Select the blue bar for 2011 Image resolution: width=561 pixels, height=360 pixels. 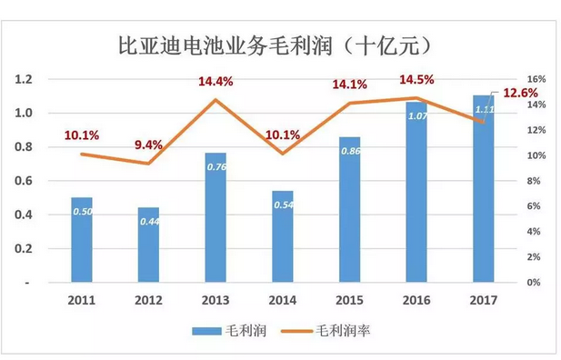82,241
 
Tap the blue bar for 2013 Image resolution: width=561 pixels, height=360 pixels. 215,218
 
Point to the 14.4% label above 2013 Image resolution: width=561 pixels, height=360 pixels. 216,82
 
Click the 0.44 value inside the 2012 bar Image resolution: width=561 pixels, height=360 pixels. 149,221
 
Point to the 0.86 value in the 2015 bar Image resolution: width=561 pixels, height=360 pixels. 350,150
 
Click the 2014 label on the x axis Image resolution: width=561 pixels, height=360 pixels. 283,298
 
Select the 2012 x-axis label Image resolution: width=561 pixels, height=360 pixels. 148,298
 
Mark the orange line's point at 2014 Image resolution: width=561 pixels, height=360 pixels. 283,154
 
